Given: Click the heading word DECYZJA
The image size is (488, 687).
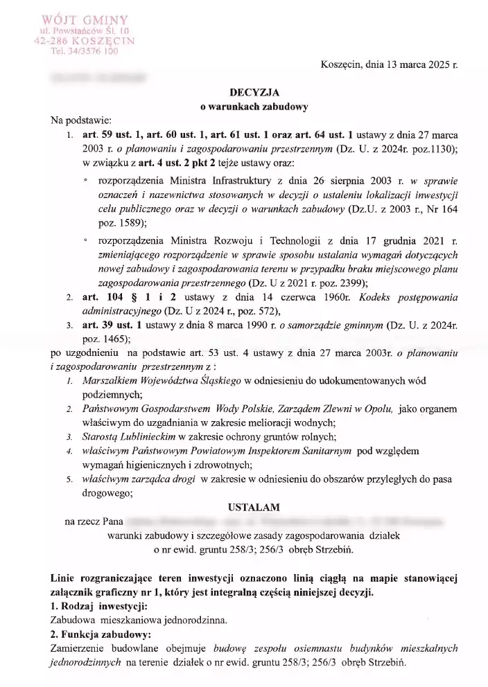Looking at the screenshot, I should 254,93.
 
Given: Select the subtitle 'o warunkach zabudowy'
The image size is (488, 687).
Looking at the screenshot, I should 254,107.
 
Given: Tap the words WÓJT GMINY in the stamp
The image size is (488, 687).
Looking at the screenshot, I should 85,17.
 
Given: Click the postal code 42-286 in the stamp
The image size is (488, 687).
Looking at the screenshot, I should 54,40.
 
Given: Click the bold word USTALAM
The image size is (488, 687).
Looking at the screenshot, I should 254,508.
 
